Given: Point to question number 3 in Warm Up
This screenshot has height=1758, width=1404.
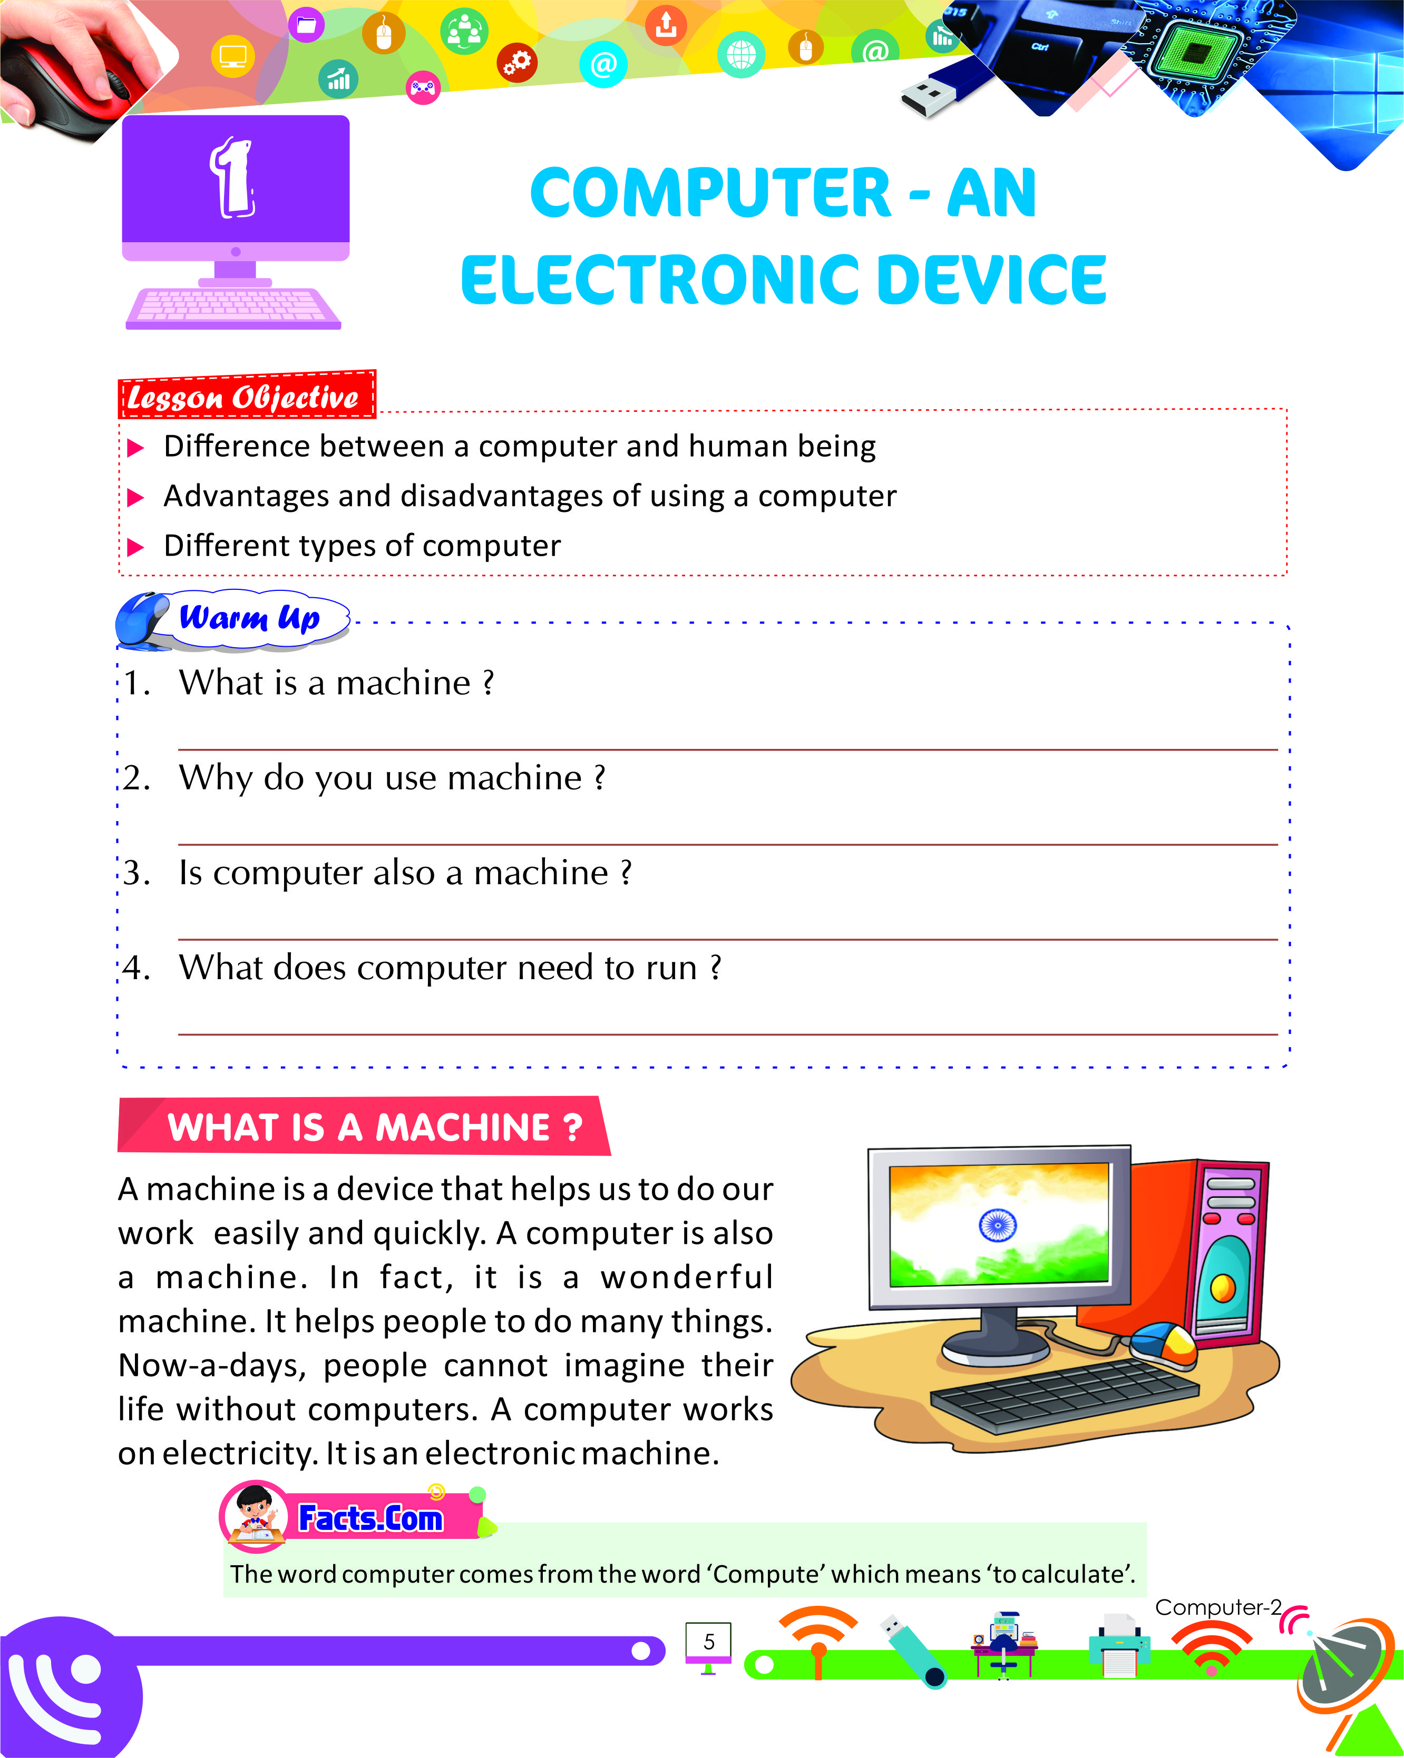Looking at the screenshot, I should coord(136,873).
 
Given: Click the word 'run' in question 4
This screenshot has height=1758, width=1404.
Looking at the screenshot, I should coord(670,969).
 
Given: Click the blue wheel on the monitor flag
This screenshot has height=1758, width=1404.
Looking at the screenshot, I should coord(997,1224).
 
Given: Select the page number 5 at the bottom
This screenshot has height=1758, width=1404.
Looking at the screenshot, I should coord(709,1642).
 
